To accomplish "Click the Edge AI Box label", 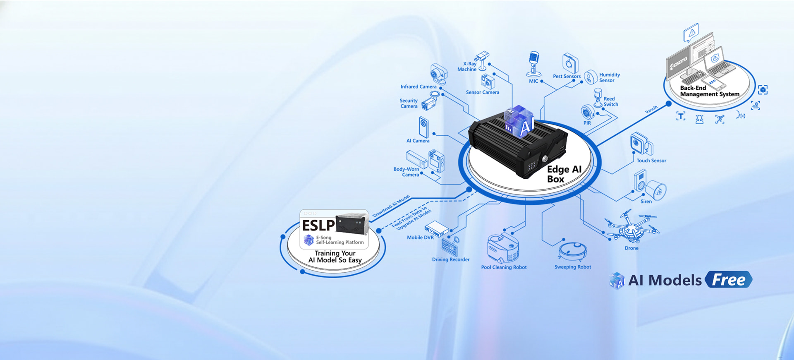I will pyautogui.click(x=564, y=174).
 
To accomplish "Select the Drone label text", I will pyautogui.click(x=631, y=248).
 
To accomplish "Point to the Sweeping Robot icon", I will pyautogui.click(x=572, y=251).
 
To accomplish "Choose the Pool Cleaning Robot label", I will pyautogui.click(x=504, y=267).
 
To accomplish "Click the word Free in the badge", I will pyautogui.click(x=729, y=280).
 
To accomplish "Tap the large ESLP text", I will pyautogui.click(x=318, y=226).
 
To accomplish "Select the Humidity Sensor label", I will pyautogui.click(x=610, y=78).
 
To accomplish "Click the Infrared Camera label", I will pyautogui.click(x=418, y=87).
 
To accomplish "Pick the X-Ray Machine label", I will pyautogui.click(x=467, y=67).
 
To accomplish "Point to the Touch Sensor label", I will pyautogui.click(x=651, y=161).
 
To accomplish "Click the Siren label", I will pyautogui.click(x=646, y=202).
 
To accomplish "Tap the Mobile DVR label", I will pyautogui.click(x=420, y=238).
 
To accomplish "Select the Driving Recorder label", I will pyautogui.click(x=451, y=260).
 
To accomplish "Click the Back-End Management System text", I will pyautogui.click(x=709, y=91).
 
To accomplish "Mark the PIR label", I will pyautogui.click(x=587, y=123).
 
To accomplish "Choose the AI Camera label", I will pyautogui.click(x=418, y=141).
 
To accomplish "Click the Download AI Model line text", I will pyautogui.click(x=391, y=206).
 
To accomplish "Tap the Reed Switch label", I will pyautogui.click(x=610, y=101).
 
